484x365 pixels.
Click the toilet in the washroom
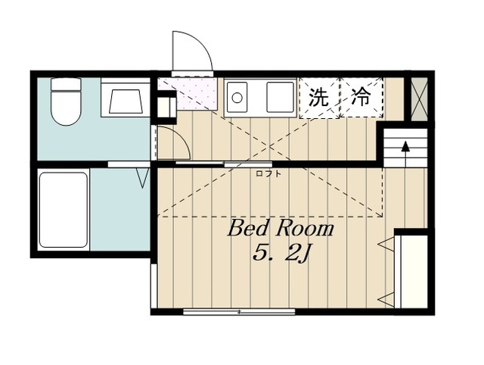pos(66,101)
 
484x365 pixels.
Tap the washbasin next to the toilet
pos(126,98)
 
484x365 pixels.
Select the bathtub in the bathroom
pos(64,210)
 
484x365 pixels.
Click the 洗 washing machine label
pos(318,97)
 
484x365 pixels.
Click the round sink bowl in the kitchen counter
pos(237,98)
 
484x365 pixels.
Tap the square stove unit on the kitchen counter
pos(280,97)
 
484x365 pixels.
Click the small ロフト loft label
pos(268,173)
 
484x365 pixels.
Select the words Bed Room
pos(281,229)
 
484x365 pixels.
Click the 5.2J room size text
pos(281,254)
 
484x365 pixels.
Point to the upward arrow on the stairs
pos(405,154)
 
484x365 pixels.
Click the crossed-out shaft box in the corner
pos(420,98)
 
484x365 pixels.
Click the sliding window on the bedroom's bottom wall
pos(239,311)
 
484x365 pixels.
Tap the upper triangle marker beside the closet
pos(386,244)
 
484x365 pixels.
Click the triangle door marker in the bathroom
pos(142,178)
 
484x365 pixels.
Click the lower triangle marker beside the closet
pos(386,299)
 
